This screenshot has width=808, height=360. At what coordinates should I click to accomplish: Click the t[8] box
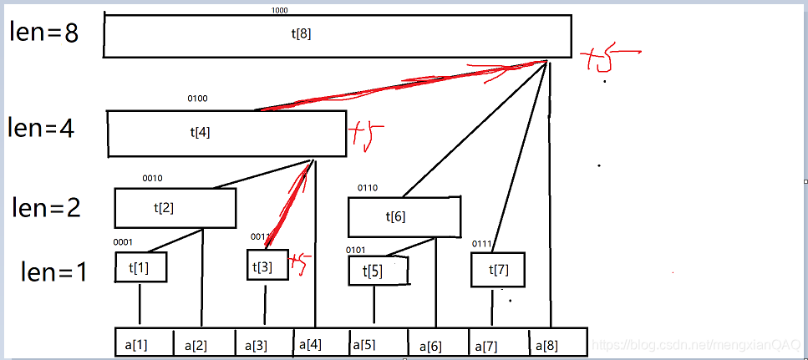(x=337, y=36)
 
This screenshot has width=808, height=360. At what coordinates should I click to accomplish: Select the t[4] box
(x=226, y=133)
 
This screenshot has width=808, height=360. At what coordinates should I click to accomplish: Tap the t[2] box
(x=175, y=208)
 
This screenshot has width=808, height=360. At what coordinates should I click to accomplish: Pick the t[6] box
(x=404, y=217)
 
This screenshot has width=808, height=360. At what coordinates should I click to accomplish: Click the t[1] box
(x=141, y=267)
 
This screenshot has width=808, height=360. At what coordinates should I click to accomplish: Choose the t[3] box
(x=267, y=266)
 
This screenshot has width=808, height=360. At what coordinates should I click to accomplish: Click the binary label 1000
(x=280, y=10)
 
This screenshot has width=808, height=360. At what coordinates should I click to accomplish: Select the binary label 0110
(x=368, y=188)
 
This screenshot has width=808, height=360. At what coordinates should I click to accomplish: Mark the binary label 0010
(x=152, y=179)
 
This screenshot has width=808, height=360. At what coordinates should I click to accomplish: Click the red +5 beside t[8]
(x=606, y=58)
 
